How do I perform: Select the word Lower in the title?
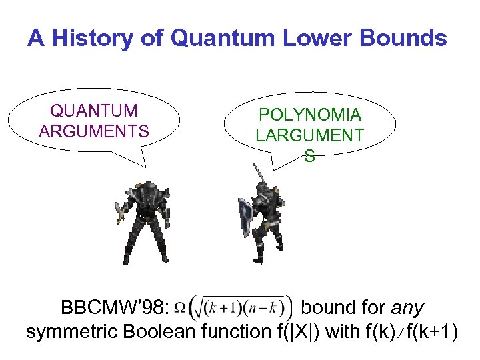[303, 39]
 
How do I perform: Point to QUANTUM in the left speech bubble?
[94, 111]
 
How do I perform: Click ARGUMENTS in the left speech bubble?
[94, 131]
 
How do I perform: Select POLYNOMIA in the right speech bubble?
[310, 115]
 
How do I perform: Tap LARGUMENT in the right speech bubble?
[310, 135]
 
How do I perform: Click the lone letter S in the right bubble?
[310, 156]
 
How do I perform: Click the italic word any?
[407, 308]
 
